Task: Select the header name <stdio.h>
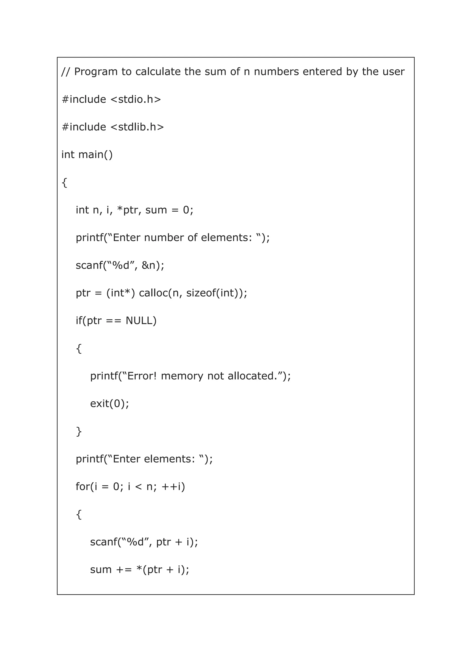pyautogui.click(x=136, y=99)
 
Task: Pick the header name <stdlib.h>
pyautogui.click(x=137, y=127)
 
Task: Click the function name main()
pyautogui.click(x=95, y=155)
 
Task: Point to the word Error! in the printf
pyautogui.click(x=142, y=376)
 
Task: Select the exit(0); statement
pyautogui.click(x=109, y=404)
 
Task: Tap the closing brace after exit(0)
pyautogui.click(x=79, y=431)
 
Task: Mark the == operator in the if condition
pyautogui.click(x=113, y=321)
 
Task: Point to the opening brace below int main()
pyautogui.click(x=64, y=182)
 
